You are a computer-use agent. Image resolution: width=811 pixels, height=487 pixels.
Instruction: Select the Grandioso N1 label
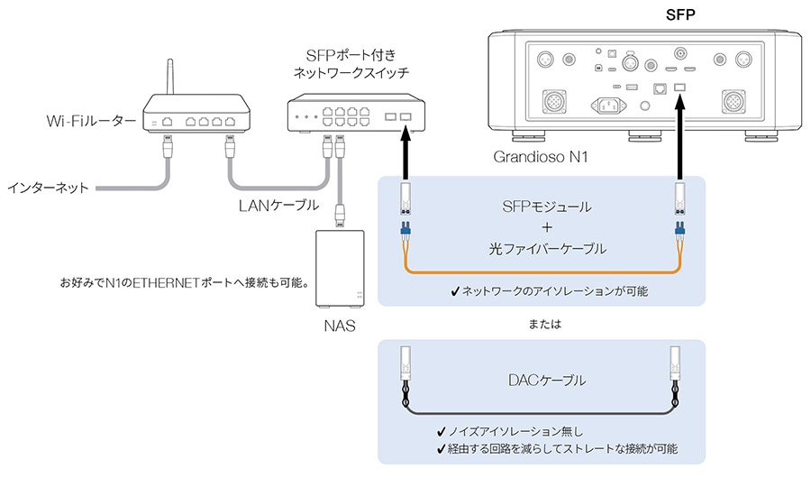pyautogui.click(x=541, y=158)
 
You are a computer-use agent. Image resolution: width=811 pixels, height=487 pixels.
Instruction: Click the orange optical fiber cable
pyautogui.click(x=541, y=270)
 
